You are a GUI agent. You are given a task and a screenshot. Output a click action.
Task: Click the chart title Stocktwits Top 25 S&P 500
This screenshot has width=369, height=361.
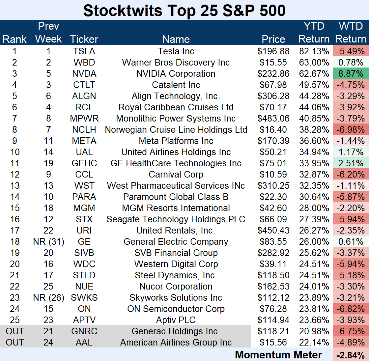tap(184, 11)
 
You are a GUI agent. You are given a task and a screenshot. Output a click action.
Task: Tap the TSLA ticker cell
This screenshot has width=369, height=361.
tap(84, 51)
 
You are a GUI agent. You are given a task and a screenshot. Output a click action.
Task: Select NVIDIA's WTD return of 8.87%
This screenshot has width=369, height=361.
tap(351, 74)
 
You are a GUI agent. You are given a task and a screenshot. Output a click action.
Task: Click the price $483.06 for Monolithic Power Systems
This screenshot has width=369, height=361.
tap(273, 119)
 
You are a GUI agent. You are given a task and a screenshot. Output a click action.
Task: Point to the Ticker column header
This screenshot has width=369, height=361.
tap(84, 39)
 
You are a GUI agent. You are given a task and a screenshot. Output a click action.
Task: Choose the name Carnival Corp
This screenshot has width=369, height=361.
tap(176, 175)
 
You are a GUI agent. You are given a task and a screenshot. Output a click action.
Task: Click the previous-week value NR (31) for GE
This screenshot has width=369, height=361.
tap(48, 242)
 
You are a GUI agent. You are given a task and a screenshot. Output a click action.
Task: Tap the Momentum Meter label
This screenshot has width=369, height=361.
tap(278, 355)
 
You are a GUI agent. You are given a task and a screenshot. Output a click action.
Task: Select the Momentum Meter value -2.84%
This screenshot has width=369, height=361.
tap(351, 355)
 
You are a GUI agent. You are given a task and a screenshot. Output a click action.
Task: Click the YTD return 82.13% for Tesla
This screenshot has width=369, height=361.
tap(314, 51)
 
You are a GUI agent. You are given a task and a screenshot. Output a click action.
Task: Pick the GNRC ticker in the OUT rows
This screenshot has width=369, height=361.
tap(84, 331)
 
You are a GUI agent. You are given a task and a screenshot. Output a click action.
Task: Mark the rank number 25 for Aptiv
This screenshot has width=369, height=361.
tap(15, 320)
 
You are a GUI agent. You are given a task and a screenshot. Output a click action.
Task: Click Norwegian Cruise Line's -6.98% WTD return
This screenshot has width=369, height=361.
tap(351, 130)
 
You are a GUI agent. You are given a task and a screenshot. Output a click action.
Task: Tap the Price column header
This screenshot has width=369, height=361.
tap(273, 39)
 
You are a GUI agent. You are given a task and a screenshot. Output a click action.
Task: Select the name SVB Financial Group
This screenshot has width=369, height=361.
tap(176, 253)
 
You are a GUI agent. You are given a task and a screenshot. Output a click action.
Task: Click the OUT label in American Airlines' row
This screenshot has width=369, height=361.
tap(15, 343)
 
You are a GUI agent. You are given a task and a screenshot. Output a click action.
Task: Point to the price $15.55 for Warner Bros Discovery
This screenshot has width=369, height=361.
tap(273, 63)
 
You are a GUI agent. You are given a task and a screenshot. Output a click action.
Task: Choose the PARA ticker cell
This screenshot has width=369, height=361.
tap(84, 197)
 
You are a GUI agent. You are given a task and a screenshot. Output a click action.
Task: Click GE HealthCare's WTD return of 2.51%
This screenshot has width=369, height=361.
tap(351, 163)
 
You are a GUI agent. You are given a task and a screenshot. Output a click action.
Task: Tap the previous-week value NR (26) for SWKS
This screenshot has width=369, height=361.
tap(48, 298)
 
